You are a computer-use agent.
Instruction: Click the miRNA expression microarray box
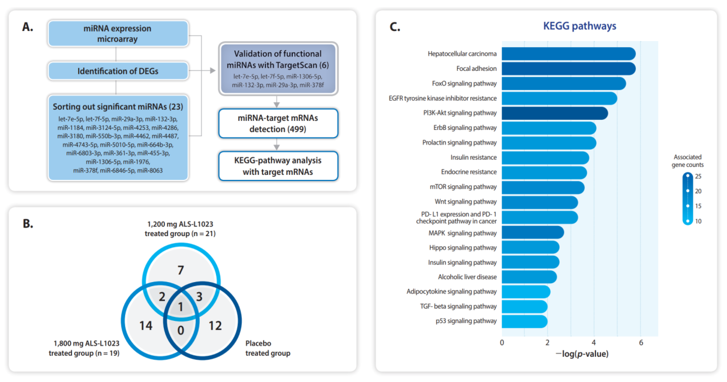(x=118, y=33)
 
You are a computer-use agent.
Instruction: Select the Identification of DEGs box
(x=118, y=71)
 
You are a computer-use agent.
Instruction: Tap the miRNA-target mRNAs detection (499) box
(x=278, y=123)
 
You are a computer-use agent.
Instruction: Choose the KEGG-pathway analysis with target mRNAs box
(x=278, y=166)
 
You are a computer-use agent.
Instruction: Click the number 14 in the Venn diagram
(x=146, y=326)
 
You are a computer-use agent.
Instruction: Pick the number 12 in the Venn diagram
(x=215, y=326)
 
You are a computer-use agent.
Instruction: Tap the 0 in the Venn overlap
(x=181, y=330)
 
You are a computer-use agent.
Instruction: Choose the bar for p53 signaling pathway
(x=524, y=321)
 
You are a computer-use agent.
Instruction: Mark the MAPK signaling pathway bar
(x=532, y=233)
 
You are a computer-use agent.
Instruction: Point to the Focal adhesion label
(x=476, y=68)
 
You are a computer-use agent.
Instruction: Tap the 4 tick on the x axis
(x=594, y=342)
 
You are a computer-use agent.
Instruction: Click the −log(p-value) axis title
(x=582, y=354)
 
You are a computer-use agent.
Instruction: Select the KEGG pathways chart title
(x=580, y=26)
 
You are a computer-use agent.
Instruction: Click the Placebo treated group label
(x=267, y=348)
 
